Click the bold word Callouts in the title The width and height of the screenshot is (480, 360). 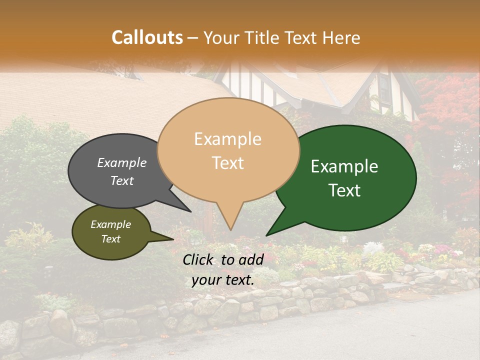click(147, 37)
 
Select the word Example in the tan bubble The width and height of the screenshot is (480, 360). click(227, 139)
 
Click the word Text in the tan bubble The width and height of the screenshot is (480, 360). click(227, 163)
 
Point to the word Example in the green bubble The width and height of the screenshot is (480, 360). click(344, 166)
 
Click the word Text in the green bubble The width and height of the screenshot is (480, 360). click(344, 190)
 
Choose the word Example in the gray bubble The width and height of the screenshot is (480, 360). click(121, 162)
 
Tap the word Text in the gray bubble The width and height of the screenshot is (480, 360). click(121, 180)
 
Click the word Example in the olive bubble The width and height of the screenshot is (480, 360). click(110, 224)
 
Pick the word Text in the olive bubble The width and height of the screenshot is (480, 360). click(110, 239)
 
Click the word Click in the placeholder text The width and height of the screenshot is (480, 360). click(199, 259)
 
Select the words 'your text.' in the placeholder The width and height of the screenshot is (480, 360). click(223, 280)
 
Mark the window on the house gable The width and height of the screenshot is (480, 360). click(384, 89)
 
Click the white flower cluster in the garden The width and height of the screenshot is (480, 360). click(372, 247)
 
